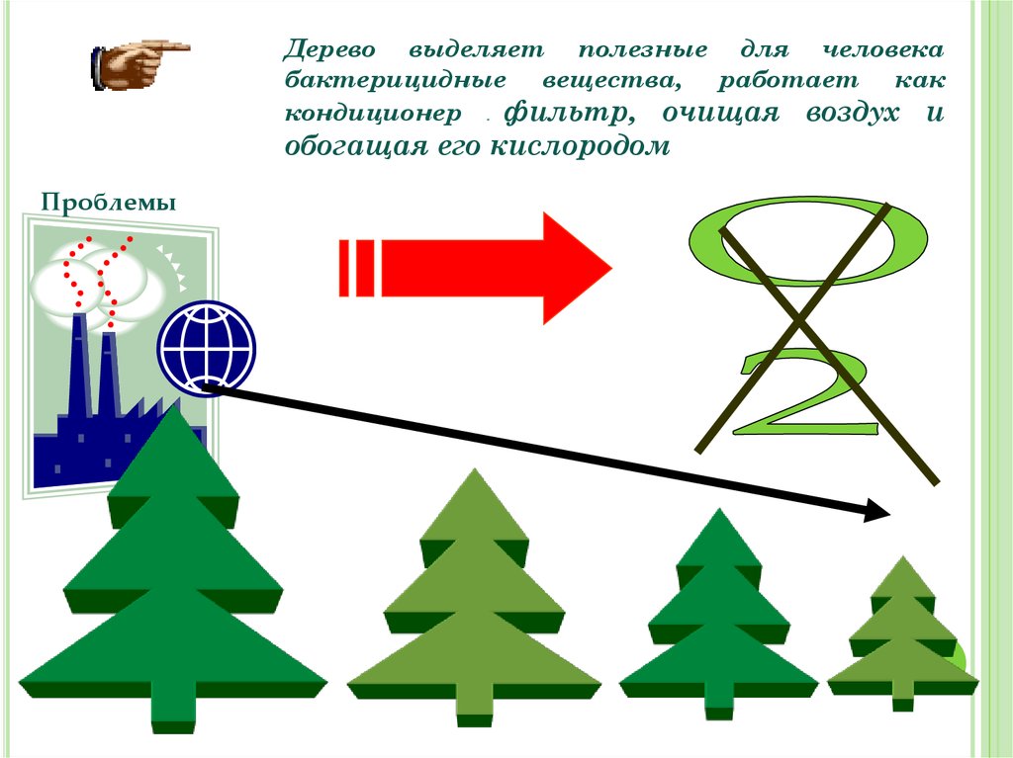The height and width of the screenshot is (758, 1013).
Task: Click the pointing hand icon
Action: [x=138, y=65]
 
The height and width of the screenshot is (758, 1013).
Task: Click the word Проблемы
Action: [x=109, y=204]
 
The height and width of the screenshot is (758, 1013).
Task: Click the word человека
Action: [x=884, y=49]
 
